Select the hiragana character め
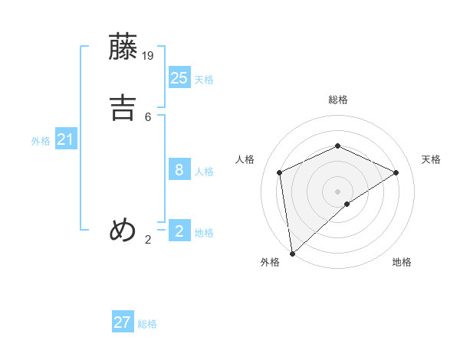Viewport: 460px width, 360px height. point(123,229)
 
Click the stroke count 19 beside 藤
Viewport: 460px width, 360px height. point(149,55)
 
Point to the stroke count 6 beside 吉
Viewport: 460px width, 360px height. point(148,116)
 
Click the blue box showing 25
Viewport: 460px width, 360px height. point(179,77)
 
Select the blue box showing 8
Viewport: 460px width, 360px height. point(179,170)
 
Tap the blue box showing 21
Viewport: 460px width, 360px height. point(66,139)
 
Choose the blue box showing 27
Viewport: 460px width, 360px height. point(123,322)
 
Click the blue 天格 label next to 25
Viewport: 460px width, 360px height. point(204,80)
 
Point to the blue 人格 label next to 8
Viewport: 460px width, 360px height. point(204,172)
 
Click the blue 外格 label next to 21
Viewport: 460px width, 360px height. point(41,141)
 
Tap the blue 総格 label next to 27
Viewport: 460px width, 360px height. point(147,324)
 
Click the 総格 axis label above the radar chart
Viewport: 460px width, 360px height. point(337,100)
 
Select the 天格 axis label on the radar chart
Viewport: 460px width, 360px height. point(431,159)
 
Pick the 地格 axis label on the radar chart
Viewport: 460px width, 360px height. point(402,262)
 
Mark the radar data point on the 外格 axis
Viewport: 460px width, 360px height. point(291,253)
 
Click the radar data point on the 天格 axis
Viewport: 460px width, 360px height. point(396,172)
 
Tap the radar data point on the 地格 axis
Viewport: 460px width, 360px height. point(347,204)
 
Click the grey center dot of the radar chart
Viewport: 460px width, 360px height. point(337,191)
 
